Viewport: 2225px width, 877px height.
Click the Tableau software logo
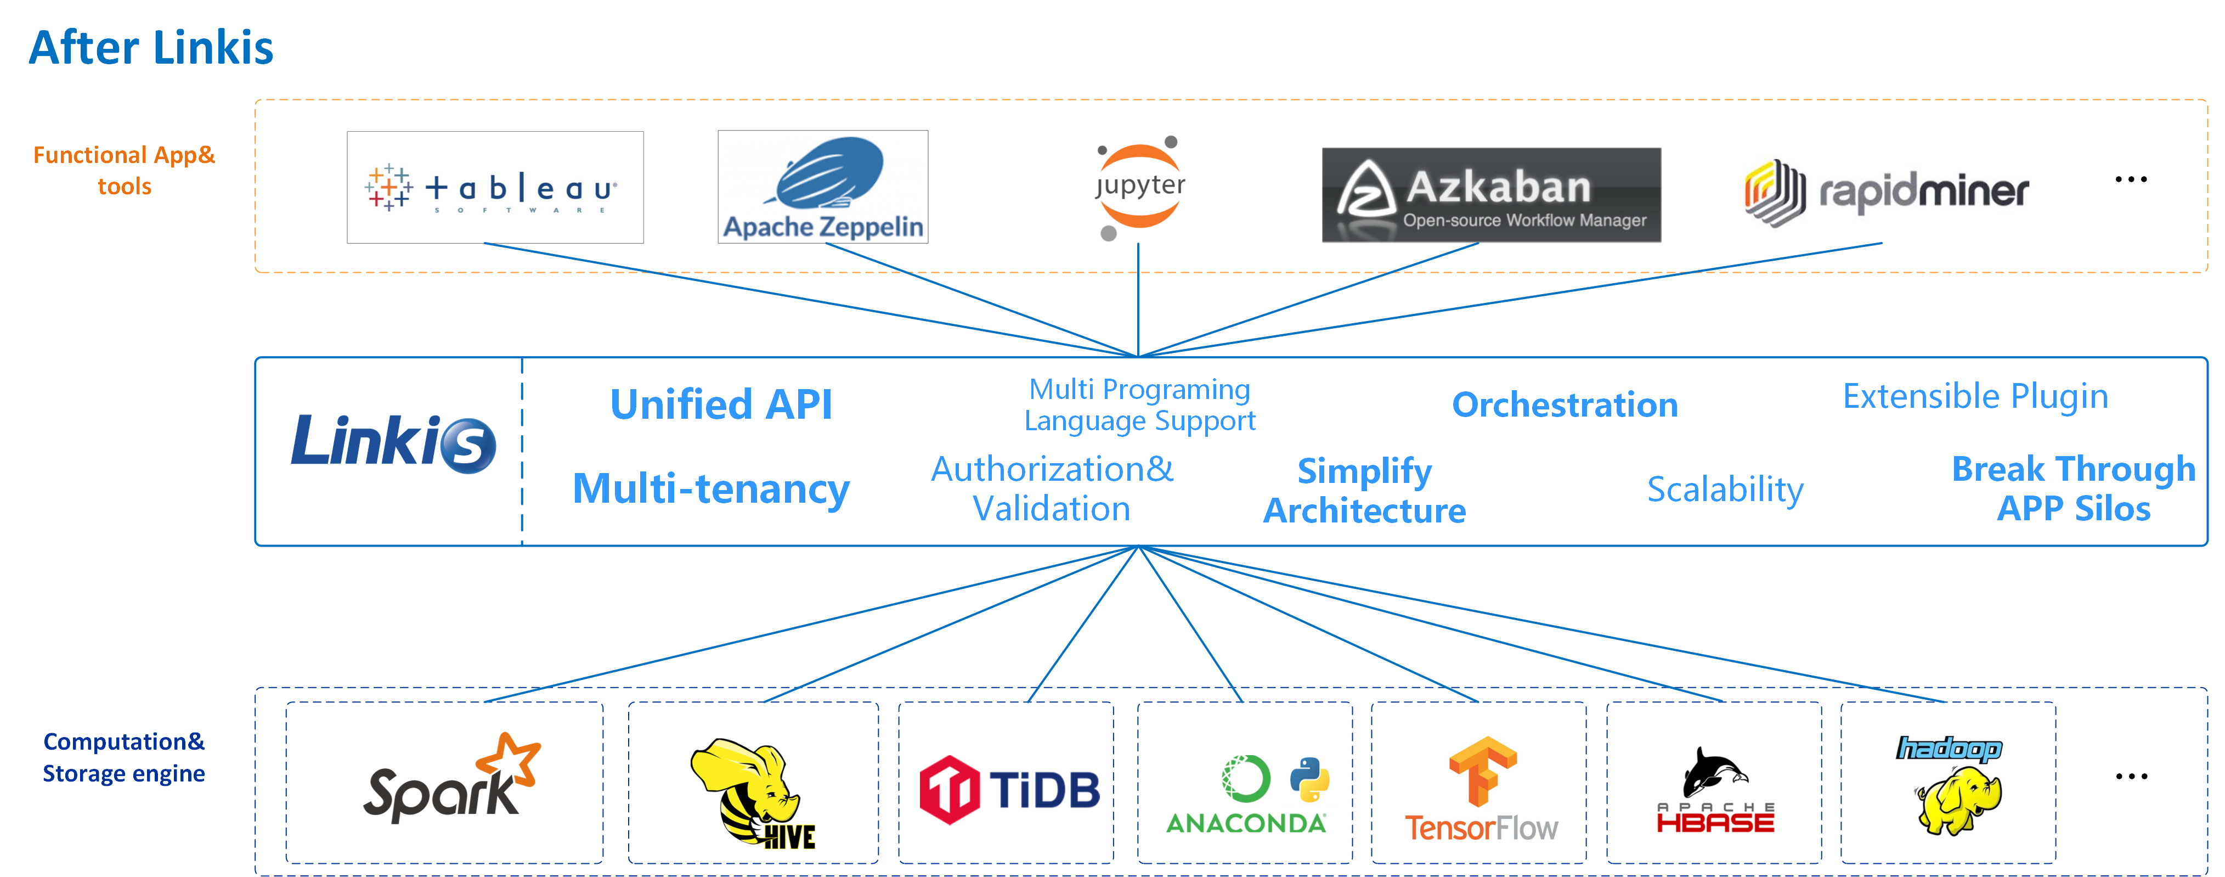pos(494,188)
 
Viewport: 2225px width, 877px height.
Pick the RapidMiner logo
pos(1887,192)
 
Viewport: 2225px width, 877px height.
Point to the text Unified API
pos(721,404)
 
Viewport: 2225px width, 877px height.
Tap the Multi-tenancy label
pos(711,489)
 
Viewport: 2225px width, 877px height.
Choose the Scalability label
pos(1725,489)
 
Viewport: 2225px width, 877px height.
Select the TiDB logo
pos(1009,789)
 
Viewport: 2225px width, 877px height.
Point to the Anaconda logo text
pos(1245,823)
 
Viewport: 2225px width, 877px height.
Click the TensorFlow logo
pos(1481,788)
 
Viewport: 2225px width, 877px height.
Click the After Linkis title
pos(151,48)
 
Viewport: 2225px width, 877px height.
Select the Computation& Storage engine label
pos(125,757)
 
